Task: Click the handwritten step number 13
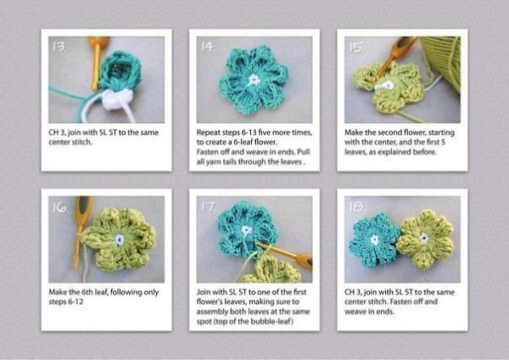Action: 59,47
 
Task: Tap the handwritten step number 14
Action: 208,47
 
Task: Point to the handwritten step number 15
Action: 356,48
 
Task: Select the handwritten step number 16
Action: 60,207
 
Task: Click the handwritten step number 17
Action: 208,206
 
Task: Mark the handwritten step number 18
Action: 357,206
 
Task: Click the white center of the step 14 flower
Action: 254,80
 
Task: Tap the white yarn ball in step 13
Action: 117,98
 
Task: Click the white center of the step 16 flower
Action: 120,239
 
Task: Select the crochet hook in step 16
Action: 81,233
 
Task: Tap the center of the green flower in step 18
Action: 423,238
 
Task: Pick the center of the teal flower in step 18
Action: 375,239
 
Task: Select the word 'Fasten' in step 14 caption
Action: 207,152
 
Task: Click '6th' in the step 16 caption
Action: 87,292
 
